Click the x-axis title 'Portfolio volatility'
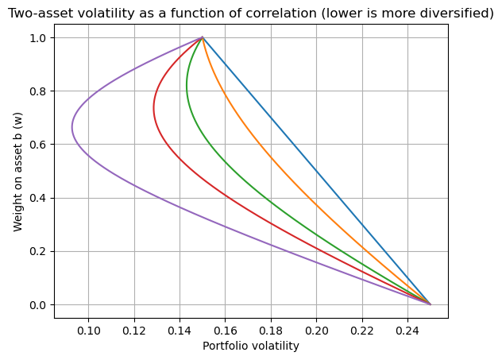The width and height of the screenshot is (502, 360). tap(251, 346)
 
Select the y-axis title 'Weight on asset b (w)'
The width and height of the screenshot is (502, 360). tap(18, 172)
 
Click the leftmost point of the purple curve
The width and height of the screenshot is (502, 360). tap(72, 128)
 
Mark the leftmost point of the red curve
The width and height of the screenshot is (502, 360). tap(154, 109)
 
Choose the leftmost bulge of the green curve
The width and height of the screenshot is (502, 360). tap(187, 86)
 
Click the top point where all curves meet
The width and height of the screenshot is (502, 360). tap(203, 37)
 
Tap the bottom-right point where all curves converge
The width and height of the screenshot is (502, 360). tap(431, 304)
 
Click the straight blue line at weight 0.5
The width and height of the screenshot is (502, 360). tap(316, 171)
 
